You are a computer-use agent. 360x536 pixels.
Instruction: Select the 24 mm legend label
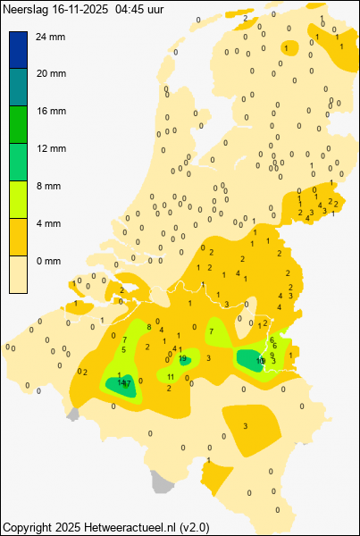pyautogui.click(x=51, y=37)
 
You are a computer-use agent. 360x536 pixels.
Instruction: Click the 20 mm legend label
pyautogui.click(x=51, y=74)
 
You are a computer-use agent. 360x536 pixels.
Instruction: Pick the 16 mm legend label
pyautogui.click(x=51, y=112)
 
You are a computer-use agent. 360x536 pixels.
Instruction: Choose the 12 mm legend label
pyautogui.click(x=51, y=148)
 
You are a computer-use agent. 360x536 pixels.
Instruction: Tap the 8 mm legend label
pyautogui.click(x=48, y=186)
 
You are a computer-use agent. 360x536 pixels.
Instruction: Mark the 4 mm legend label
pyautogui.click(x=48, y=223)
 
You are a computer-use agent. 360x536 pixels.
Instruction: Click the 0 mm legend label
pyautogui.click(x=48, y=261)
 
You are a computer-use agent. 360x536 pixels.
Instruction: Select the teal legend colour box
pyautogui.click(x=19, y=87)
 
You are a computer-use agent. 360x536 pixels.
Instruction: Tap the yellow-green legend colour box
pyautogui.click(x=19, y=199)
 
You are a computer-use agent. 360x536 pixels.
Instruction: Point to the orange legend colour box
pyautogui.click(x=19, y=237)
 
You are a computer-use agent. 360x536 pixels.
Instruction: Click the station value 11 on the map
pyautogui.click(x=171, y=377)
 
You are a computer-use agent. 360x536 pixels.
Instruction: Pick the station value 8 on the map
pyautogui.click(x=147, y=323)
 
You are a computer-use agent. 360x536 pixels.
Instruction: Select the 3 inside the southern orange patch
pyautogui.click(x=245, y=426)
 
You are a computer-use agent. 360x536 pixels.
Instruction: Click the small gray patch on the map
pyautogui.click(x=161, y=483)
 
